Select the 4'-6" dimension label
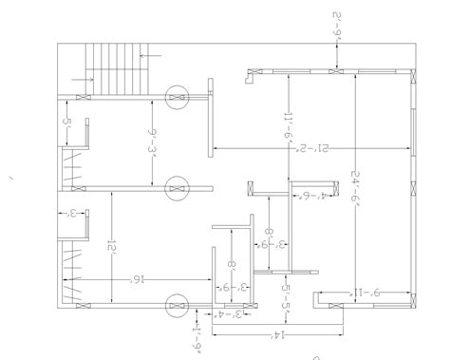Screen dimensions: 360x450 point(307,197)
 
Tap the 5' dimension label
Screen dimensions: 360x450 point(67,123)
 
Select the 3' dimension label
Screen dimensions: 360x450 point(73,214)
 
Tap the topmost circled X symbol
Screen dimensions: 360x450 point(176,97)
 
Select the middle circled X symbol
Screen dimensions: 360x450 point(176,189)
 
